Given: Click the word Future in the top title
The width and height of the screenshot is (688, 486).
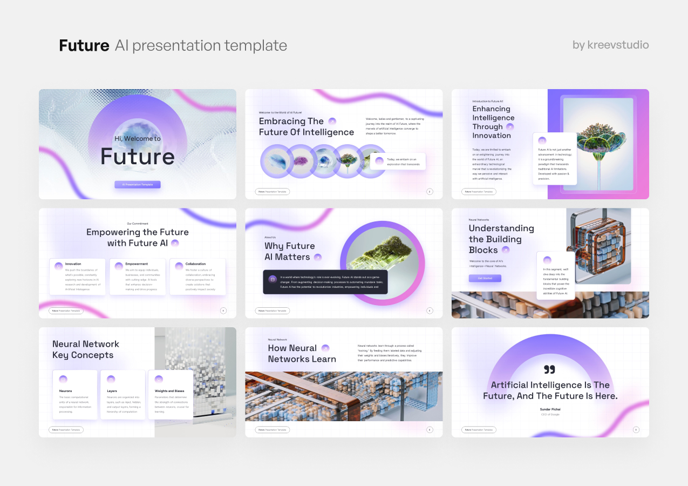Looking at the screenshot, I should click(84, 45).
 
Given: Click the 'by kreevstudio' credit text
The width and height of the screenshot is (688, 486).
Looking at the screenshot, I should click(610, 45).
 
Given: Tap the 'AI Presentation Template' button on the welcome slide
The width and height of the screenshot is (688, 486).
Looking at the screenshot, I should click(137, 185).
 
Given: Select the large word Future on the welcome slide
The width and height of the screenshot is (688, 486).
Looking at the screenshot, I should click(137, 157).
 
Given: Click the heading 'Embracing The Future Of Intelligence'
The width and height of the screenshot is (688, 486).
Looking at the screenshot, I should click(306, 127).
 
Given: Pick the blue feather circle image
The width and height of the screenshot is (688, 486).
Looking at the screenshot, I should click(278, 161).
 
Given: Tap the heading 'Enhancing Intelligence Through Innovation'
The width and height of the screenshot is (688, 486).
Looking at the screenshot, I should click(493, 122).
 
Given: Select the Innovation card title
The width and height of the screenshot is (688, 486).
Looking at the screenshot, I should click(73, 264).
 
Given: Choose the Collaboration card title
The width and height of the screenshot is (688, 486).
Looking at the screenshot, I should click(195, 264).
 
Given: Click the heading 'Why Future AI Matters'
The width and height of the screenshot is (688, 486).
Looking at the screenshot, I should click(289, 251).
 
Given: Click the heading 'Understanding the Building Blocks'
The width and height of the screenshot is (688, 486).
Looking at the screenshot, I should click(501, 239).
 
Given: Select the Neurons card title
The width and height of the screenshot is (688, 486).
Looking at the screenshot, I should click(65, 390).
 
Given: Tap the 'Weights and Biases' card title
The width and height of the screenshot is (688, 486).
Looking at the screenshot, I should click(169, 390).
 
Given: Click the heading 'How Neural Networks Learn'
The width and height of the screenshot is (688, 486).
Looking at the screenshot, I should click(302, 354).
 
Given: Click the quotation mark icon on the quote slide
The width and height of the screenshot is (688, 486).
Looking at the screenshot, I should click(549, 369).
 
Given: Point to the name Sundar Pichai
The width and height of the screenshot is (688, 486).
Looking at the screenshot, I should click(550, 409).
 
